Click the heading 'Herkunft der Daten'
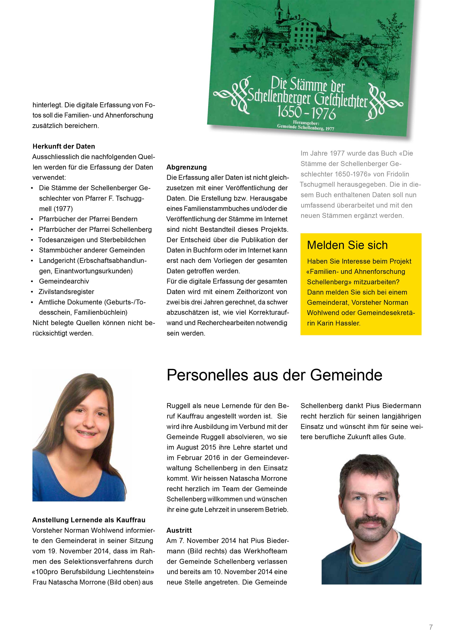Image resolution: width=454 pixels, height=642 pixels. pos(64,146)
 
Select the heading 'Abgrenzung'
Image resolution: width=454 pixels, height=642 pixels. pos(187,167)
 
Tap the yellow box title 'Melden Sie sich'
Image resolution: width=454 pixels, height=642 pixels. pos(347,245)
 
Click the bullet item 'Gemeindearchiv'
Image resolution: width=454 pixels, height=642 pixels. pos(64,281)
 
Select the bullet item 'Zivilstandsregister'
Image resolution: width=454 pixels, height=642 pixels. pos(66,292)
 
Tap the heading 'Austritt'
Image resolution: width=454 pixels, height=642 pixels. pos(179,530)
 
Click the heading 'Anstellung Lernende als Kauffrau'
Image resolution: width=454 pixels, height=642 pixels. pos(89,520)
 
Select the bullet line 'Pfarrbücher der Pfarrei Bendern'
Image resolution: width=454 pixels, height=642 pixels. pos(88,219)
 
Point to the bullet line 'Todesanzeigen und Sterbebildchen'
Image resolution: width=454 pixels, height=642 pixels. pos(92,240)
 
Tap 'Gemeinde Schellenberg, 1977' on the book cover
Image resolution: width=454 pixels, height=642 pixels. pos(305,127)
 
